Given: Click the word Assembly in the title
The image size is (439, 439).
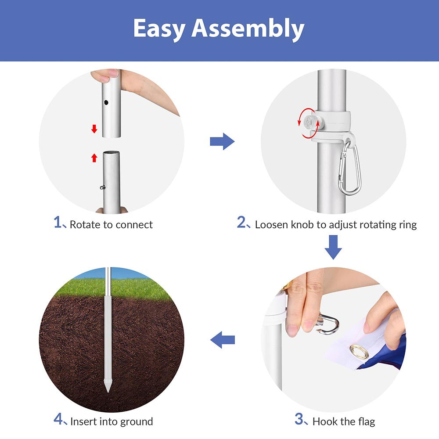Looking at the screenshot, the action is click(248, 29).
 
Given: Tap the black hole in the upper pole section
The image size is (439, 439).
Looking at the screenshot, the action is click(106, 102).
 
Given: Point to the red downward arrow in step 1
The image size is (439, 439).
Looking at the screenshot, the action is click(94, 129).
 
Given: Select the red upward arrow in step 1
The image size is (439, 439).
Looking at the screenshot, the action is click(94, 158).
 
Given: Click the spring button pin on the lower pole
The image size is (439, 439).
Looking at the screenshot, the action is click(103, 187).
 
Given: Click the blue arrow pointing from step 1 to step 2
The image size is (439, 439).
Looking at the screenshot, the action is click(222, 141).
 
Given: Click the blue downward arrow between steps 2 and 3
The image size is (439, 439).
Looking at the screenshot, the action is click(333, 247).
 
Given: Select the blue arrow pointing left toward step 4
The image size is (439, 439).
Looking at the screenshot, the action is click(222, 340).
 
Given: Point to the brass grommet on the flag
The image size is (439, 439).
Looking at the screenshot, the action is click(360, 352).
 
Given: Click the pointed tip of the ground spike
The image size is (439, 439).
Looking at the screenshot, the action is click(108, 392).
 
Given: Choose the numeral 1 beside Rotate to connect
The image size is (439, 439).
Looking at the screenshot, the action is click(58, 222).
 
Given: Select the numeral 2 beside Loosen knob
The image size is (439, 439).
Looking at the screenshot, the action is click(241, 222).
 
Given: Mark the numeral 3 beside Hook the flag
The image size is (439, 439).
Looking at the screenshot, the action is click(299, 419).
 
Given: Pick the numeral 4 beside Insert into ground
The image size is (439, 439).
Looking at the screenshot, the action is click(58, 419).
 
